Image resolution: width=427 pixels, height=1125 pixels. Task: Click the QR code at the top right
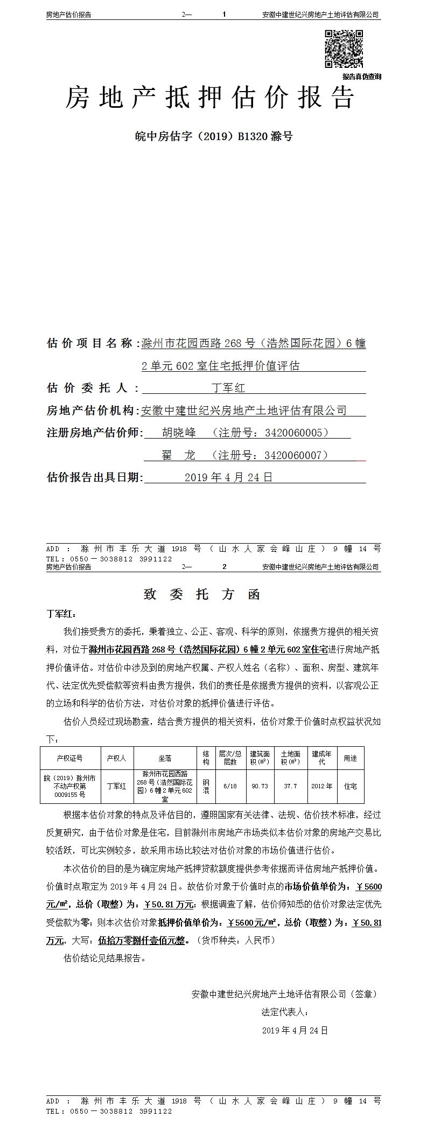tap(344, 49)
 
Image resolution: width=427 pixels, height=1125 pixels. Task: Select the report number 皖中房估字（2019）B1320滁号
tap(213, 136)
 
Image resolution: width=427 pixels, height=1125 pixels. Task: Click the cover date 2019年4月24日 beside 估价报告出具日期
tap(228, 477)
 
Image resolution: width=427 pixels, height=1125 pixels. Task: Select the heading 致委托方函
tap(202, 594)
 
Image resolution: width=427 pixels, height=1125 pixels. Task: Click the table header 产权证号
tap(69, 758)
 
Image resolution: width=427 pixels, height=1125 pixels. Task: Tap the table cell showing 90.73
tap(260, 786)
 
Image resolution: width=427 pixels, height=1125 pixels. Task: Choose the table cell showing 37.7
tap(290, 786)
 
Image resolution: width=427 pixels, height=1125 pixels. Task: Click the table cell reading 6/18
tap(230, 786)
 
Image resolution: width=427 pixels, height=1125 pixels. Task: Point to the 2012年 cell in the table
tap(321, 786)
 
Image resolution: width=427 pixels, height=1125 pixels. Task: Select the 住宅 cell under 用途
tap(351, 786)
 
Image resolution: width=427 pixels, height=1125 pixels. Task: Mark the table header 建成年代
tap(321, 758)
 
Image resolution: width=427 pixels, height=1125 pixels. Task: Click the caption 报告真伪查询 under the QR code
tap(361, 77)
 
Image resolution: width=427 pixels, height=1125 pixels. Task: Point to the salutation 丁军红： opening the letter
tap(62, 614)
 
